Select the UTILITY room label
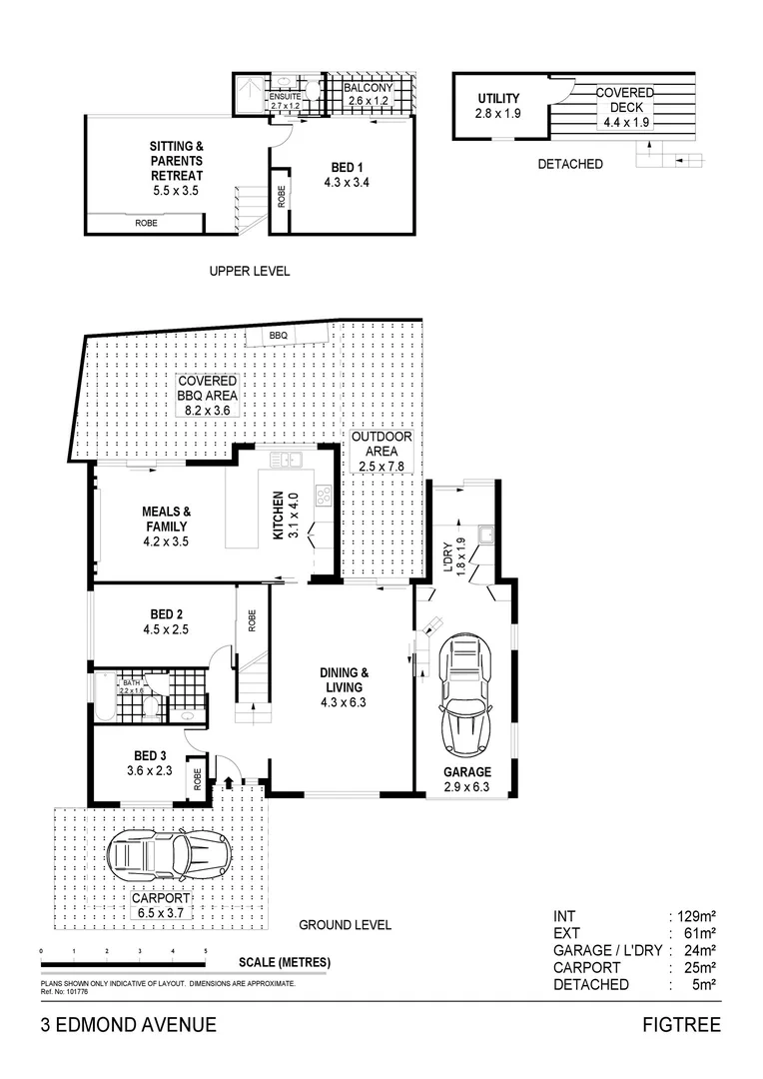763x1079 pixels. pyautogui.click(x=497, y=106)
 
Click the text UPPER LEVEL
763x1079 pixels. pyautogui.click(x=249, y=271)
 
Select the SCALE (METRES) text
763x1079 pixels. pyautogui.click(x=285, y=963)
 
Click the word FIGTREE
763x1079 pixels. pyautogui.click(x=682, y=1024)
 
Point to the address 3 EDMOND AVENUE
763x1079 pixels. pyautogui.click(x=128, y=1024)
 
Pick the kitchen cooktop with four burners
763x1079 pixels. pyautogui.click(x=324, y=495)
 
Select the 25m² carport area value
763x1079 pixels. pyautogui.click(x=699, y=967)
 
